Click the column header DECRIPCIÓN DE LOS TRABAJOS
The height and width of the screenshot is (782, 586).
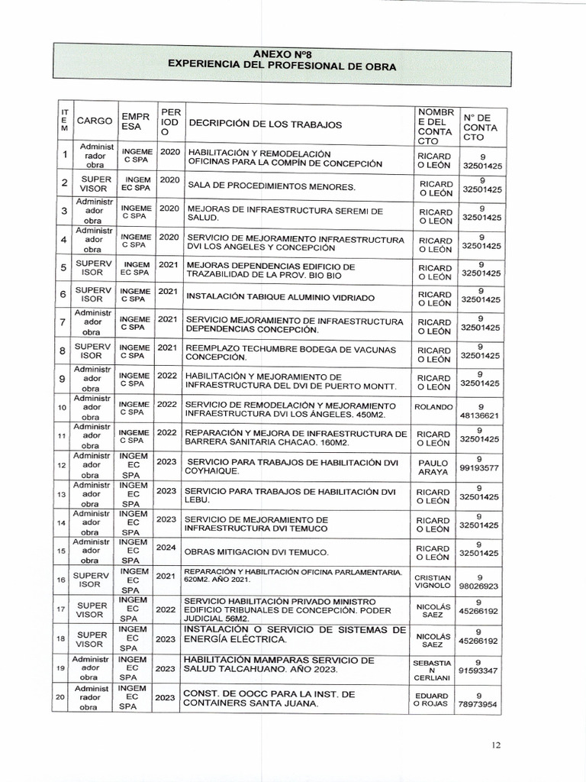click(265, 124)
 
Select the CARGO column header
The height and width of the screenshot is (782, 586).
click(95, 121)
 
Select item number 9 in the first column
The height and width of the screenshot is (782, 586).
click(62, 379)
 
